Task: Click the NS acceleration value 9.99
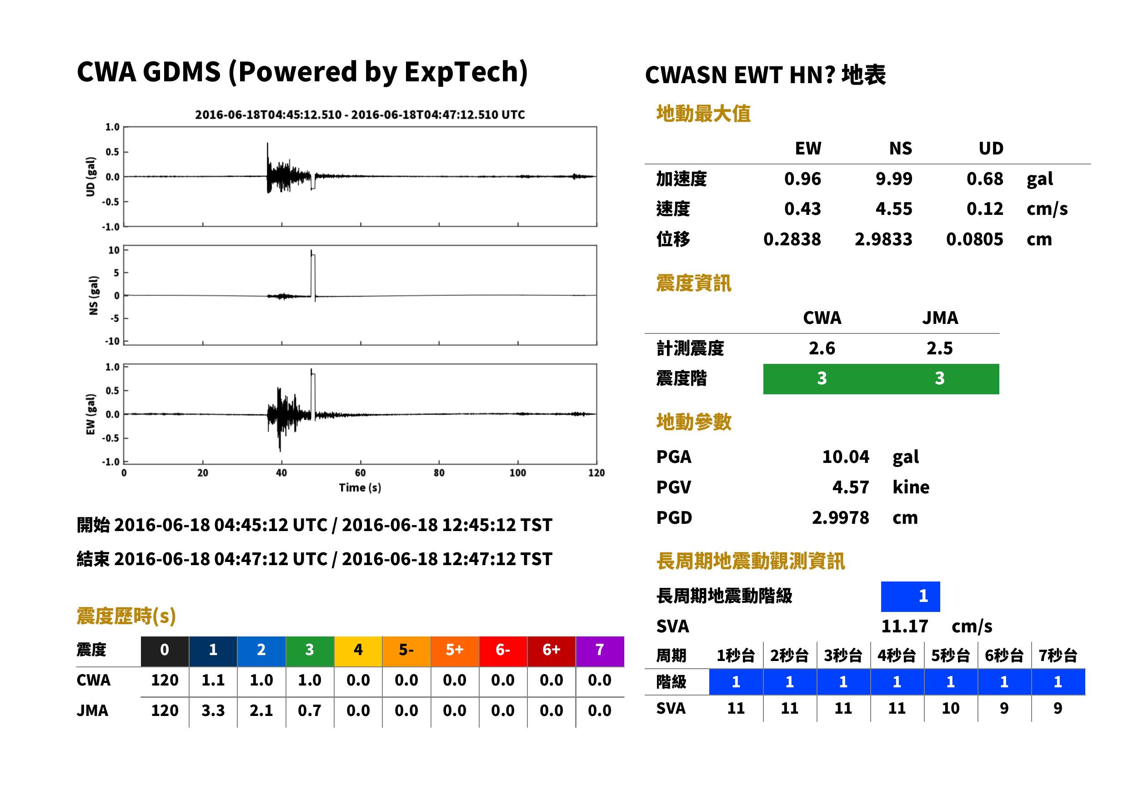point(893,179)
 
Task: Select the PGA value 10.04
point(845,457)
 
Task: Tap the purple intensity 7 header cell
point(600,650)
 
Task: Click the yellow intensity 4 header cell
point(358,650)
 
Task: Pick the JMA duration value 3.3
point(213,711)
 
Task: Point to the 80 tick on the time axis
point(439,473)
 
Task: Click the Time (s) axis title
point(360,488)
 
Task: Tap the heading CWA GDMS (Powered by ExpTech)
point(302,72)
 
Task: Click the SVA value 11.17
point(904,626)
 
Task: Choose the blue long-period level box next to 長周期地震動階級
point(910,596)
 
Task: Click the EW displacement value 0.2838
point(792,239)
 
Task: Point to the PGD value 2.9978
point(840,517)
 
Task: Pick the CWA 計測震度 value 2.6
point(822,348)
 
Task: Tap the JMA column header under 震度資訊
point(940,318)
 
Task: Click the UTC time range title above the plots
point(360,114)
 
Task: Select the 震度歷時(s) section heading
point(126,616)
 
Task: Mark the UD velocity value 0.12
point(985,209)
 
